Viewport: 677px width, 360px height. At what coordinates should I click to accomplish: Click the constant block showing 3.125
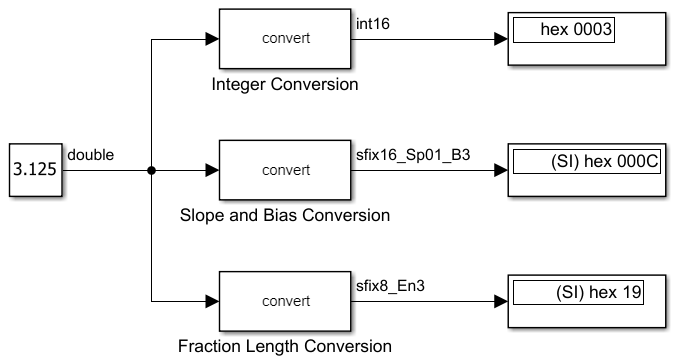pyautogui.click(x=35, y=171)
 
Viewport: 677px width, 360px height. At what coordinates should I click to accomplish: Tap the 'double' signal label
pyautogui.click(x=90, y=155)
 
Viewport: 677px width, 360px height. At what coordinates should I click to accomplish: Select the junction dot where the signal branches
pyautogui.click(x=151, y=171)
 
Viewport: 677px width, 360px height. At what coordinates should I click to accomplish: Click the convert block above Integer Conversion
pyautogui.click(x=286, y=39)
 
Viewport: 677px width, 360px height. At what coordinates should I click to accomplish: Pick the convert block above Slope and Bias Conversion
pyautogui.click(x=286, y=171)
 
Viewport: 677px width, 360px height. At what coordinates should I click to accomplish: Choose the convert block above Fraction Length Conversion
pyautogui.click(x=286, y=301)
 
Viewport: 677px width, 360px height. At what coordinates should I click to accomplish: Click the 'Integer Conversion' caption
pyautogui.click(x=285, y=84)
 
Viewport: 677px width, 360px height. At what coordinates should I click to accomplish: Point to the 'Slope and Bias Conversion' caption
pyautogui.click(x=285, y=215)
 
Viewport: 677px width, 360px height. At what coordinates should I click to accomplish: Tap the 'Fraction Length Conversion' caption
pyautogui.click(x=285, y=347)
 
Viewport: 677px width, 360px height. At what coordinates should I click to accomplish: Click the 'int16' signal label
pyautogui.click(x=372, y=24)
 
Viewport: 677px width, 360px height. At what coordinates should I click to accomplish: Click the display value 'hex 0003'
pyautogui.click(x=575, y=30)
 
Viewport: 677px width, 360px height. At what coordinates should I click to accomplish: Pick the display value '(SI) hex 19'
pyautogui.click(x=594, y=292)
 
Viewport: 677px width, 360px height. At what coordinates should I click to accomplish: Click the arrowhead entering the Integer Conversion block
pyautogui.click(x=211, y=39)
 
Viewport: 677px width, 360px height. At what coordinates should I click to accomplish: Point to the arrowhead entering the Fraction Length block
pyautogui.click(x=211, y=301)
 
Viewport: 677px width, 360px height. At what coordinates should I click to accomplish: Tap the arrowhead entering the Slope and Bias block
pyautogui.click(x=211, y=171)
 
